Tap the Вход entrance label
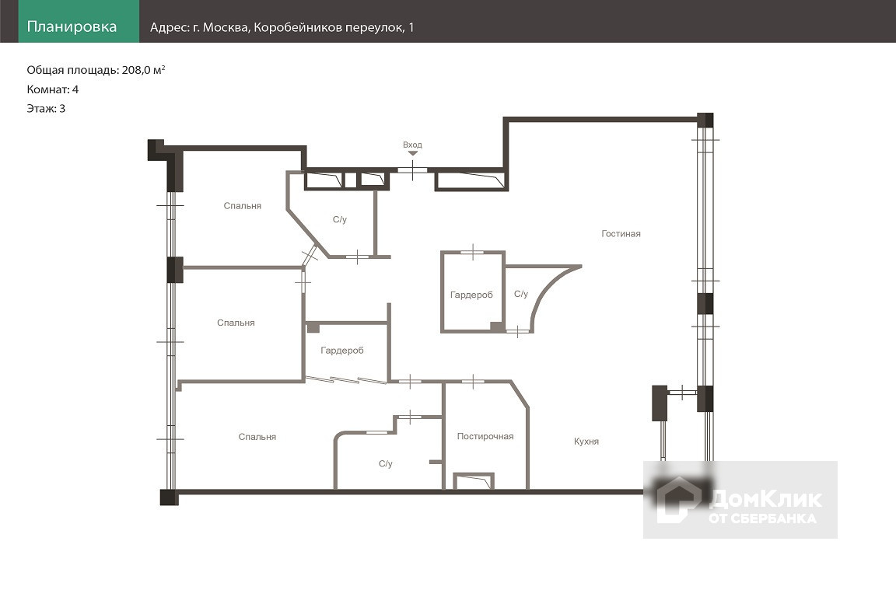tap(412, 145)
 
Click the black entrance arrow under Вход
tap(412, 153)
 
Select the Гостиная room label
tap(621, 234)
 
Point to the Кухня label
tap(586, 442)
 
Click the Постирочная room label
tap(485, 436)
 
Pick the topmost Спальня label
tap(243, 206)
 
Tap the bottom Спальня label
tap(257, 437)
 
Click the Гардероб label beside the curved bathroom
tap(471, 295)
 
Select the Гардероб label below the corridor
tap(341, 351)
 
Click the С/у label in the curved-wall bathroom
tap(521, 294)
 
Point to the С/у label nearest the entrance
tap(339, 219)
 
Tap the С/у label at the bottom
tap(386, 464)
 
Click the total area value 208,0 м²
tap(143, 70)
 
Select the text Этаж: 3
tap(46, 109)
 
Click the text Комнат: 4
tap(53, 89)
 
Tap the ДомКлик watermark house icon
tap(677, 500)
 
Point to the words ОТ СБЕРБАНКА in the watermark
tap(762, 518)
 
